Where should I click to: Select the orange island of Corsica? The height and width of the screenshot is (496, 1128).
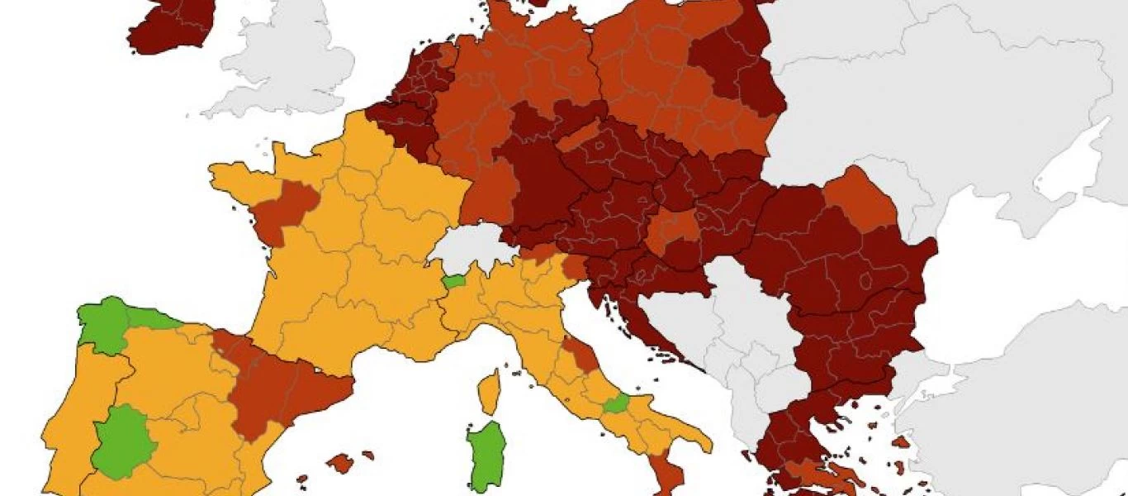click(490, 392)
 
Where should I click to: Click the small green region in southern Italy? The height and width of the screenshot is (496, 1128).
click(615, 404)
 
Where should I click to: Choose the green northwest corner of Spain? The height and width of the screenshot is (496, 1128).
click(103, 322)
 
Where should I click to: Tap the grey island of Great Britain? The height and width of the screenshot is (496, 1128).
click(281, 58)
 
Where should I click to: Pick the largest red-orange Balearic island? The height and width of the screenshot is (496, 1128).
click(339, 463)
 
